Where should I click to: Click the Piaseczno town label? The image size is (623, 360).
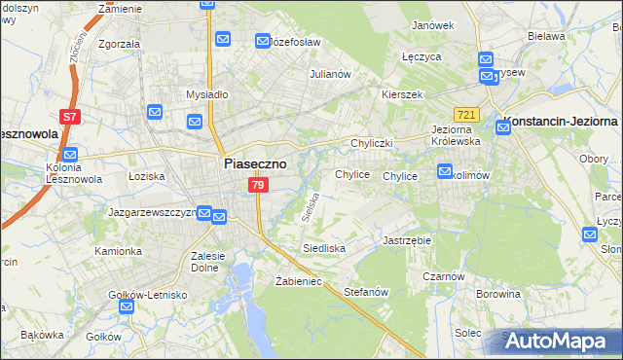click(255, 164)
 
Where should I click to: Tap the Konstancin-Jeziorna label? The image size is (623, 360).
click(559, 126)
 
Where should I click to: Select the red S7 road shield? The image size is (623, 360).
click(69, 117)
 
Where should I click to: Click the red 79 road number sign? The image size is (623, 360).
click(257, 185)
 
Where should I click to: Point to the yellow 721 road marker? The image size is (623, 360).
click(466, 115)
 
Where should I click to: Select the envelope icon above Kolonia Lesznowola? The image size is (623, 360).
click(69, 154)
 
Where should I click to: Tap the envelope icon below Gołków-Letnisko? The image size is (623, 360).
click(126, 307)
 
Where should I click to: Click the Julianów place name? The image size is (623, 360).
click(329, 74)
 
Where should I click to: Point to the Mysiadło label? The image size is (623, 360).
click(206, 95)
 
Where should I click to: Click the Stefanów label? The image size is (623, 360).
click(367, 292)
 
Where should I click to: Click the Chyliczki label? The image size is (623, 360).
click(371, 143)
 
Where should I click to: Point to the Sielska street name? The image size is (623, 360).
click(311, 207)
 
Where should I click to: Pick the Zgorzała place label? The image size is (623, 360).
click(119, 44)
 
